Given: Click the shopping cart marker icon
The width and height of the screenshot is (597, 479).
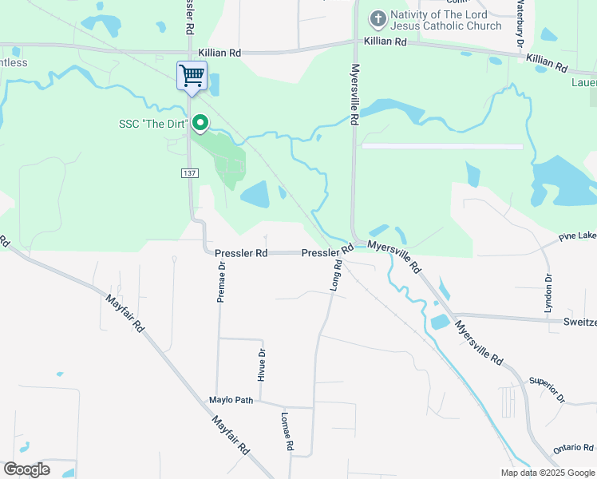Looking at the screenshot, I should tap(192, 76).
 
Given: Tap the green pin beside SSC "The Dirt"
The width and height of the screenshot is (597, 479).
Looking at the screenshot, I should tap(201, 124).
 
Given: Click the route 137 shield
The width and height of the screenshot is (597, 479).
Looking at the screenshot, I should tap(189, 173).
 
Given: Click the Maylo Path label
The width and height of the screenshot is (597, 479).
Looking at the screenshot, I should tap(231, 400).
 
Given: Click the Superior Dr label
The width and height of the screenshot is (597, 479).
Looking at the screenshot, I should tap(547, 390).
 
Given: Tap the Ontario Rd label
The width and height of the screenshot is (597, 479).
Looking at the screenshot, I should tap(574, 448).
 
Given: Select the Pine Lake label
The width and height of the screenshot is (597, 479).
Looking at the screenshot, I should tap(577, 237).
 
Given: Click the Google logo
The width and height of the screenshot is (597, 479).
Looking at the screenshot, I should tap(26, 469).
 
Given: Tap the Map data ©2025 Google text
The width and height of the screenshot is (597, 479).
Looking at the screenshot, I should tap(547, 473).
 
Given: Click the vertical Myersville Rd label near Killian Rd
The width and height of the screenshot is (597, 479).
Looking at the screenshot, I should tap(355, 94).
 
